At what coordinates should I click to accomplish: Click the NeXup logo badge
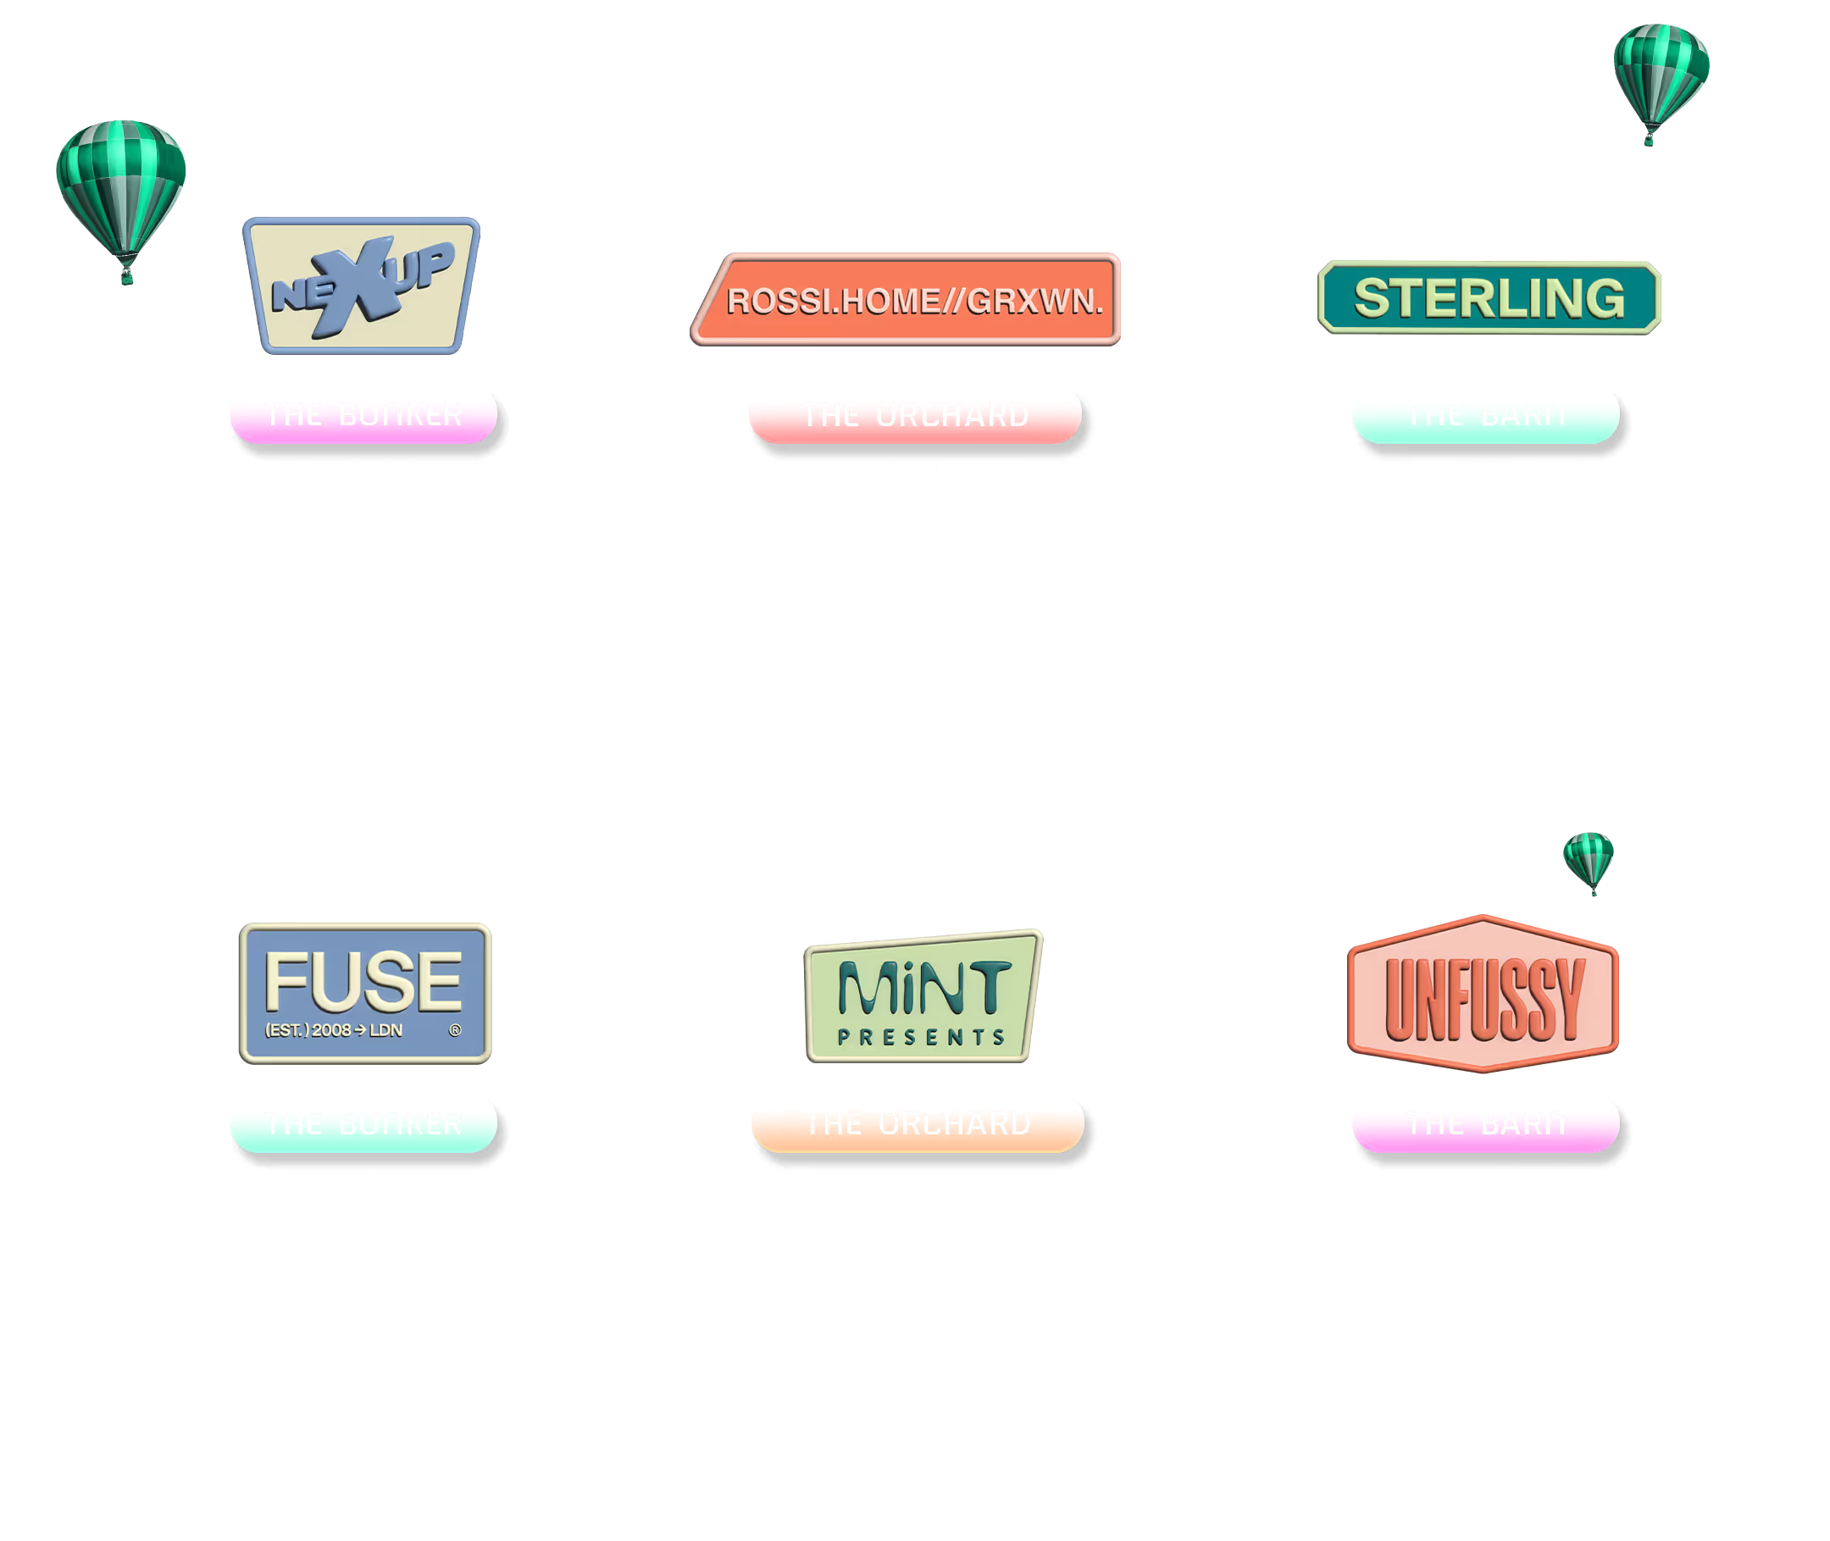362,285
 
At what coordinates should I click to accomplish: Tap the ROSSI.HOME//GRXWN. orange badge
908,300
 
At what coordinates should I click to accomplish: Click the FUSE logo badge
365,993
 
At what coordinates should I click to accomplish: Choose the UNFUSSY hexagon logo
1483,993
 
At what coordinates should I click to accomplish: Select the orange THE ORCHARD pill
918,1122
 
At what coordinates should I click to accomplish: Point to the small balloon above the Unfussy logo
1588,862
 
